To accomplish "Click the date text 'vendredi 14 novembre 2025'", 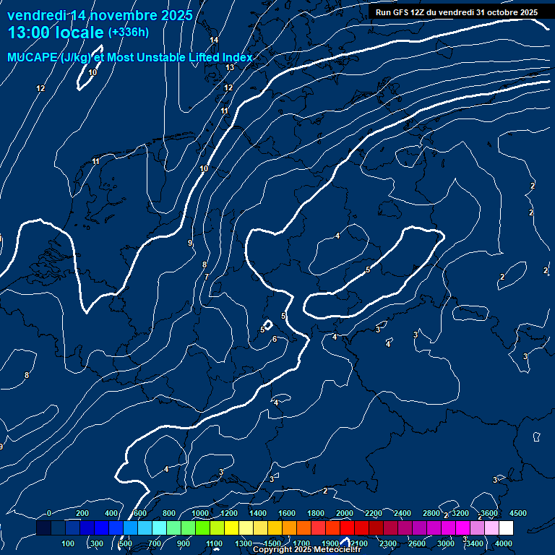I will click(x=100, y=15).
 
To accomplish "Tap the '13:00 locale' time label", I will click(x=56, y=33).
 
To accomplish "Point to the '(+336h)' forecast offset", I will click(x=129, y=33).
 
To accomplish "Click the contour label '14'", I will click(x=214, y=40).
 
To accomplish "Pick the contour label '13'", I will click(x=230, y=67).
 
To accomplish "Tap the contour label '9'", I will click(x=190, y=243).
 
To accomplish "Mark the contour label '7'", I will click(x=206, y=277).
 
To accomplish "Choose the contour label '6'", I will click(x=275, y=339).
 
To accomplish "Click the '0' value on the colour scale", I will click(x=48, y=513).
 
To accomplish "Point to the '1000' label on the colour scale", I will click(x=200, y=513).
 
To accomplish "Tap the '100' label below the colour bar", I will click(x=69, y=543).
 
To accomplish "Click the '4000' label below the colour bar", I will click(x=504, y=543).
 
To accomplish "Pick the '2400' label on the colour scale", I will click(x=403, y=513).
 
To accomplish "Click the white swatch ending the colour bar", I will click(x=506, y=528).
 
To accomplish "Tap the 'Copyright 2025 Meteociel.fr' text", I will click(x=306, y=550).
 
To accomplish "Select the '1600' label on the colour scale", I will click(x=287, y=513).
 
